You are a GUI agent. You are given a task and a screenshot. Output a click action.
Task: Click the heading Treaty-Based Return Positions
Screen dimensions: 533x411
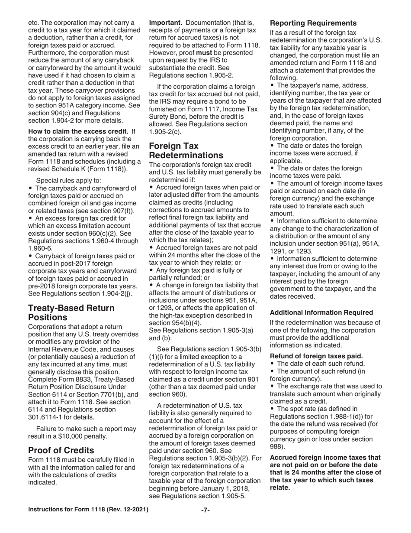[x=71, y=313]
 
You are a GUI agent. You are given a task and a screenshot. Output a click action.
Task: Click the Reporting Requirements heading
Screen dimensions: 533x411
[x=313, y=23]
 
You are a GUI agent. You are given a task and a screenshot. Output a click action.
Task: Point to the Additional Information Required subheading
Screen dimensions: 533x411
[x=321, y=312]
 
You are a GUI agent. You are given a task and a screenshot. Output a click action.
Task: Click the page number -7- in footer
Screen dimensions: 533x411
[x=205, y=510]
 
